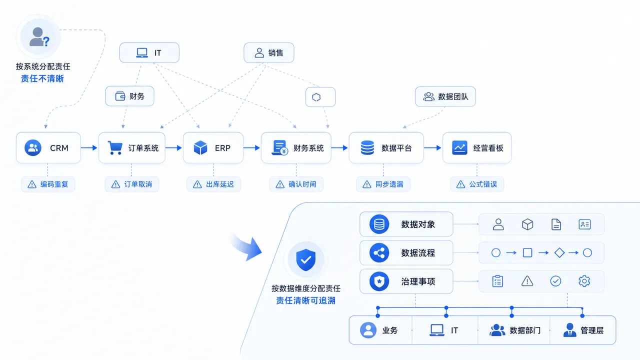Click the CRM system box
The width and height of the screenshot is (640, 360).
pos(48,147)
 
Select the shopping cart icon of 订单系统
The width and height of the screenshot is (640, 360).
pos(115,147)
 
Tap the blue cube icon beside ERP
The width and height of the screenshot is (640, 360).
pos(200,147)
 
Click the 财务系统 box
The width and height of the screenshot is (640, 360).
pos(296,147)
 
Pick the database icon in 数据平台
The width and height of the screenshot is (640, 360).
pos(367,147)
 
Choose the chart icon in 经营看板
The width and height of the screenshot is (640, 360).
pos(459,147)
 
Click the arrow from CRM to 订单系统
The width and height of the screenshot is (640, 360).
pos(89,147)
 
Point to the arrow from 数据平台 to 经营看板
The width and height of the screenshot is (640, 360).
pos(433,147)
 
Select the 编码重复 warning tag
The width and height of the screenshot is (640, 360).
pos(48,184)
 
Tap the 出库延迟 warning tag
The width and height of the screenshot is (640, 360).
pos(213,184)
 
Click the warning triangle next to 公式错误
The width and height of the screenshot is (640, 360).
pos(460,184)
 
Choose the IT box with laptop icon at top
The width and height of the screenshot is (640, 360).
pos(149,52)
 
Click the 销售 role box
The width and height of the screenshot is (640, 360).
pos(269,52)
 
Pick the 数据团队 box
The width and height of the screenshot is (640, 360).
pos(445,96)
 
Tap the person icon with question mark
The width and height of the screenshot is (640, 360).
pos(39,37)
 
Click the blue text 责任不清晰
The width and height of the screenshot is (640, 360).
pos(42,78)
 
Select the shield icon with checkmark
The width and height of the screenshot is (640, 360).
pos(305,259)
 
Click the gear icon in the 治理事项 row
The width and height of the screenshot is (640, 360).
pos(584,281)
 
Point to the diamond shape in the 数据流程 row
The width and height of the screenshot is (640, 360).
pos(559,252)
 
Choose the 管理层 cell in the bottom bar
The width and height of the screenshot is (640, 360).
pos(583,330)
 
